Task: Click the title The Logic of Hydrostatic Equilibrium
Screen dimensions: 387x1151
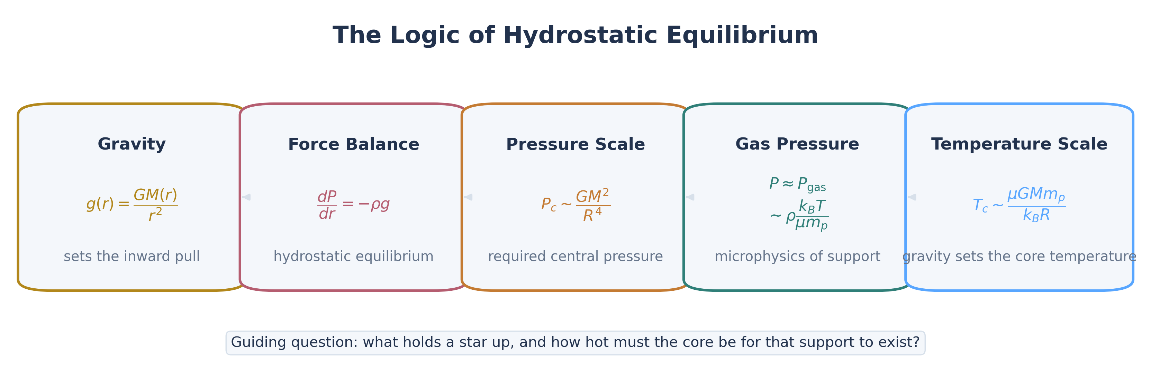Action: tap(575, 35)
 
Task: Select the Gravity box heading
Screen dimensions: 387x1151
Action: tap(132, 144)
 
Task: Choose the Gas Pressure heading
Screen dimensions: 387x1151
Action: tap(797, 144)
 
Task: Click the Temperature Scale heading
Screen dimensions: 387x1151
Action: tap(1019, 144)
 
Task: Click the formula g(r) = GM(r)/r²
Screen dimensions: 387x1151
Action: tap(132, 205)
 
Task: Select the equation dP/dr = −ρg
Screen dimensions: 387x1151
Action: tap(353, 205)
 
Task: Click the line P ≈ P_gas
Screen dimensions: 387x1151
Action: tap(797, 184)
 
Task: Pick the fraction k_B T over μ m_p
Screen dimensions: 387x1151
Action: tap(812, 215)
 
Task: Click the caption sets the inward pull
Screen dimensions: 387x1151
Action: tap(132, 256)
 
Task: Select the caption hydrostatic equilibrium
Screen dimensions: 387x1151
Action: tap(353, 256)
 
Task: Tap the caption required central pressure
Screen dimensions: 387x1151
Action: tap(575, 256)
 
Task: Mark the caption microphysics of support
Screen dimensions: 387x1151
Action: tap(797, 256)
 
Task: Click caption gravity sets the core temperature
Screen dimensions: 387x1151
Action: tap(1019, 256)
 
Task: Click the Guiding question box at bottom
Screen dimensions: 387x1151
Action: tap(575, 343)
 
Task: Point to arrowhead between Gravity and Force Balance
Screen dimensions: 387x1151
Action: tap(246, 197)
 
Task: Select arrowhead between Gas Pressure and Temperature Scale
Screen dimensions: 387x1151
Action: tap(912, 197)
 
